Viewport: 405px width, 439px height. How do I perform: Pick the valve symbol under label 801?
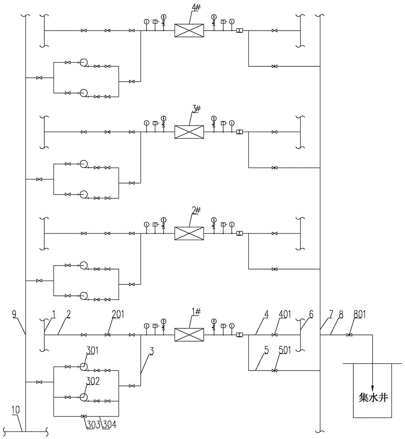[349, 335]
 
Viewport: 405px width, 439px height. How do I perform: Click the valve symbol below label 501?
[274, 371]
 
